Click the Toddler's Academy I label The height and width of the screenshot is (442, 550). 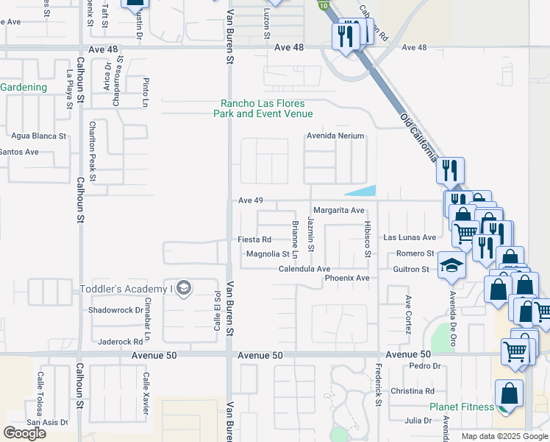(126, 288)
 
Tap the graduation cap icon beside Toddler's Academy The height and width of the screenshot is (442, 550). (185, 288)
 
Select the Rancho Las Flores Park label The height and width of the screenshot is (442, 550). (263, 109)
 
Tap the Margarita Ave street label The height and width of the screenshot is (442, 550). (339, 211)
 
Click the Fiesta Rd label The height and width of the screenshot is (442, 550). (254, 239)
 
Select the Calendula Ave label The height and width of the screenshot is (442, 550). (304, 270)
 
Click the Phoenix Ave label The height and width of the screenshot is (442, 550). (347, 278)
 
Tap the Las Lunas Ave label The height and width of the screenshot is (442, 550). (410, 238)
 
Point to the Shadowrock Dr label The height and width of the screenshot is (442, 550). (115, 310)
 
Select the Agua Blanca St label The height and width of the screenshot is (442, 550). (39, 136)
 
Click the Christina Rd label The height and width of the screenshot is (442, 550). (413, 391)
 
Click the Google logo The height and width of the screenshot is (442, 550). (24, 433)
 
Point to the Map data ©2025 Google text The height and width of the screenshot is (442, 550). (504, 436)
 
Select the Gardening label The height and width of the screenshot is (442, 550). (24, 88)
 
